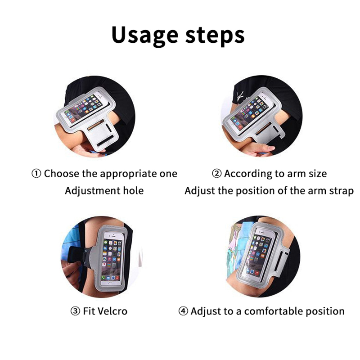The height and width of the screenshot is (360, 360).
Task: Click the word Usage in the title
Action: point(145,36)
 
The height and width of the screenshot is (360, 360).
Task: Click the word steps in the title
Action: point(215,36)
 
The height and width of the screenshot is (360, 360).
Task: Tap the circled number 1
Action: point(36,174)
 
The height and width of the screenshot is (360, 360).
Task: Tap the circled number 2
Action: point(216,174)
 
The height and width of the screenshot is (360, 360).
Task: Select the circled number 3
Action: point(75,311)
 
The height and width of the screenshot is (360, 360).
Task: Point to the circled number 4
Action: point(183,311)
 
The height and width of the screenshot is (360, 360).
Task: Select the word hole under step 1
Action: point(133,190)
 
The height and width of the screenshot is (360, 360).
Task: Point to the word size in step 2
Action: point(318,174)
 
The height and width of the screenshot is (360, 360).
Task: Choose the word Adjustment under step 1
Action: point(93,191)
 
